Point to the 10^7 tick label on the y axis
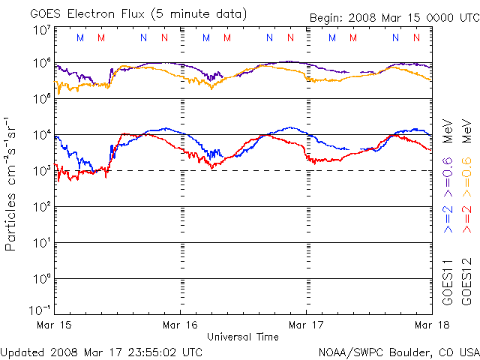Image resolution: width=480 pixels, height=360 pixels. [42, 30]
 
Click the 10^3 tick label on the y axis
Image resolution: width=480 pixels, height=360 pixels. [42, 171]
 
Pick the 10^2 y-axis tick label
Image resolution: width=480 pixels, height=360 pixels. [42, 207]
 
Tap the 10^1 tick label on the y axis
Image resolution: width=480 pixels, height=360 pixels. [42, 243]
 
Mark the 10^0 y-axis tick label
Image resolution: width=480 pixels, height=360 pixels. [42, 279]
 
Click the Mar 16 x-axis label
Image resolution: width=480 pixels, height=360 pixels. [181, 325]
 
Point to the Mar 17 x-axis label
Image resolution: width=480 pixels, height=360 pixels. [306, 325]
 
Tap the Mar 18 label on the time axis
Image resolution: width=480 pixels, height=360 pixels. [428, 325]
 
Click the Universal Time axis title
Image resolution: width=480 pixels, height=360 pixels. [243, 337]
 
